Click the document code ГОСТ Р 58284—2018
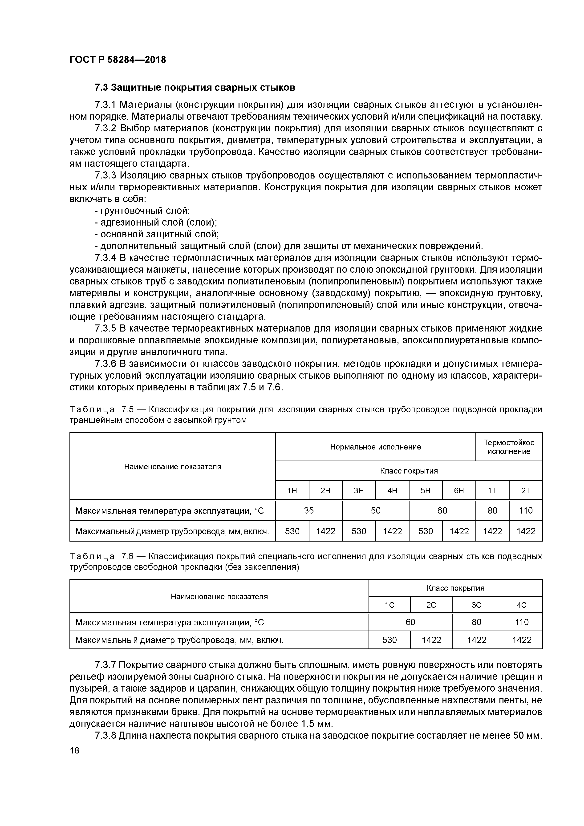[x=118, y=60]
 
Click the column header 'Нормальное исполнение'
[x=375, y=447]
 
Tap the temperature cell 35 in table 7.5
[x=308, y=510]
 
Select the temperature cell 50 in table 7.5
[x=375, y=510]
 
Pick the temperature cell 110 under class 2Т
[x=525, y=510]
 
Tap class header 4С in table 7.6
[x=521, y=605]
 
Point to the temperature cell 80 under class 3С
[x=476, y=622]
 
